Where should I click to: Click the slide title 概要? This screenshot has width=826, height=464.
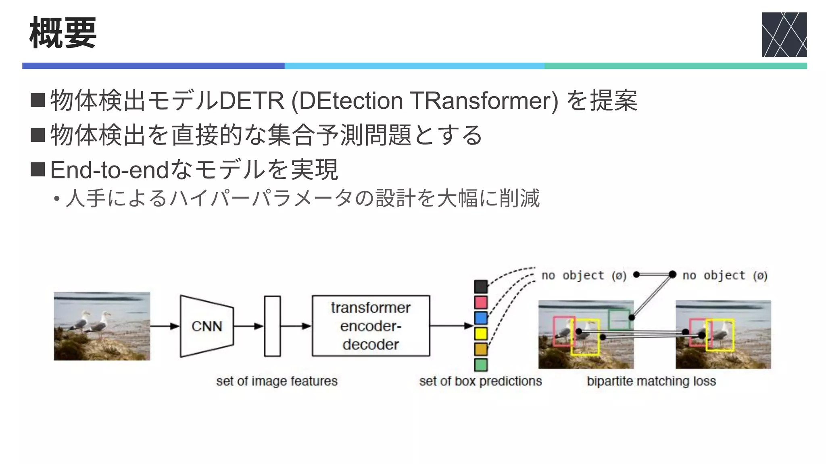click(63, 33)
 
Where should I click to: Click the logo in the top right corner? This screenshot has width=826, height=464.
click(784, 35)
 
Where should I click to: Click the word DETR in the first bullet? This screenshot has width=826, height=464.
click(251, 101)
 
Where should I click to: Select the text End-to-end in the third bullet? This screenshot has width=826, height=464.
click(109, 170)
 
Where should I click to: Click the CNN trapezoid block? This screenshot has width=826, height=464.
click(206, 326)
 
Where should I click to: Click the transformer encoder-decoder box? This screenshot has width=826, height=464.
click(371, 326)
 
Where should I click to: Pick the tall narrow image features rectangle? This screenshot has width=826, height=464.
click(272, 326)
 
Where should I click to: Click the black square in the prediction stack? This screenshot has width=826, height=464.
click(481, 287)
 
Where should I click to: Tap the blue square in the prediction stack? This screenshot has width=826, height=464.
click(481, 318)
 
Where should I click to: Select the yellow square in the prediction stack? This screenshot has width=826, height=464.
click(481, 333)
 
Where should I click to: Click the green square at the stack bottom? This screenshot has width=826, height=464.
click(481, 365)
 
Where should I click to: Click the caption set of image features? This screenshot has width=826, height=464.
click(277, 381)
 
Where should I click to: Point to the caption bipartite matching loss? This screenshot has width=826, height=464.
click(651, 381)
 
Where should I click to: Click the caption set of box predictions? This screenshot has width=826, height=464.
click(480, 381)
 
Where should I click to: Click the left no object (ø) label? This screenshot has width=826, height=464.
click(584, 275)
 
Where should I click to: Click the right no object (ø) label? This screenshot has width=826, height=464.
click(725, 275)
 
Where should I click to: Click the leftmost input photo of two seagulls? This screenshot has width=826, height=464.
click(102, 326)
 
